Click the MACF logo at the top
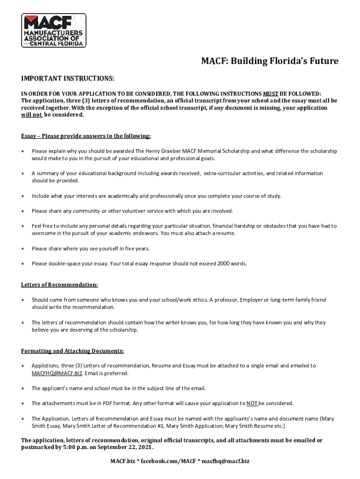tap(54, 30)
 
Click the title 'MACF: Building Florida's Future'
tap(270, 61)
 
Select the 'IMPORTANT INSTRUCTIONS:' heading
tap(68, 77)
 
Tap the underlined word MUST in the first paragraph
tap(271, 93)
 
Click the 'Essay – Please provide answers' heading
tap(86, 136)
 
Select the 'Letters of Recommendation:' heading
tap(59, 284)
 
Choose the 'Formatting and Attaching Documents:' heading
tap(72, 351)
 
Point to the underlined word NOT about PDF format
tap(252, 403)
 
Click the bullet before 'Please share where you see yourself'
tap(23, 249)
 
